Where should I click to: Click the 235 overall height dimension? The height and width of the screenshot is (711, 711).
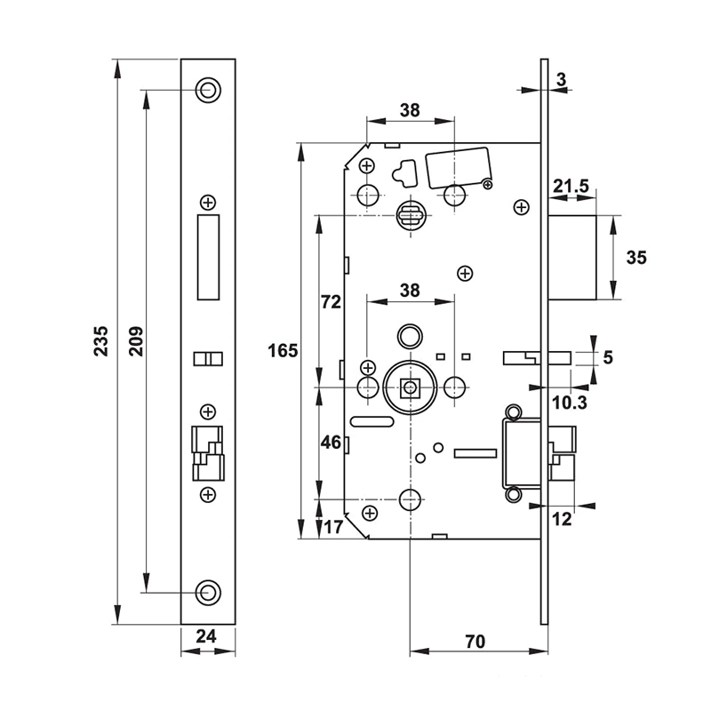pyautogui.click(x=100, y=341)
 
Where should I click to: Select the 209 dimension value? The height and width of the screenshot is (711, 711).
pyautogui.click(x=136, y=341)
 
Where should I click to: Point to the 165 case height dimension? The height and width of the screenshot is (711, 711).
pyautogui.click(x=283, y=350)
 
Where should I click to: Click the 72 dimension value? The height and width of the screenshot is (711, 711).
pyautogui.click(x=330, y=302)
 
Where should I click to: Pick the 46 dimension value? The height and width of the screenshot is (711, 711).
pyautogui.click(x=330, y=443)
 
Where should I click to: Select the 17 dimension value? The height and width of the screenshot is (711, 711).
pyautogui.click(x=333, y=526)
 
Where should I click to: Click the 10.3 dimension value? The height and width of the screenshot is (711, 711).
pyautogui.click(x=569, y=403)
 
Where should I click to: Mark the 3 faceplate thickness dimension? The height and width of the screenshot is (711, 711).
pyautogui.click(x=561, y=80)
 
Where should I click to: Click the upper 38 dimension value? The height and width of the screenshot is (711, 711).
pyautogui.click(x=409, y=110)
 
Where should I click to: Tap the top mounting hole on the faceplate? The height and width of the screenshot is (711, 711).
pyautogui.click(x=208, y=89)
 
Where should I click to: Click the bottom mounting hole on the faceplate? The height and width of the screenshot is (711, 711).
pyautogui.click(x=208, y=592)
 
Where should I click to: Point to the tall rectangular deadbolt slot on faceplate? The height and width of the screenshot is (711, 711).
pyautogui.click(x=208, y=255)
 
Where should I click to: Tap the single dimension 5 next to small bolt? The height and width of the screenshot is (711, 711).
pyautogui.click(x=608, y=358)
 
